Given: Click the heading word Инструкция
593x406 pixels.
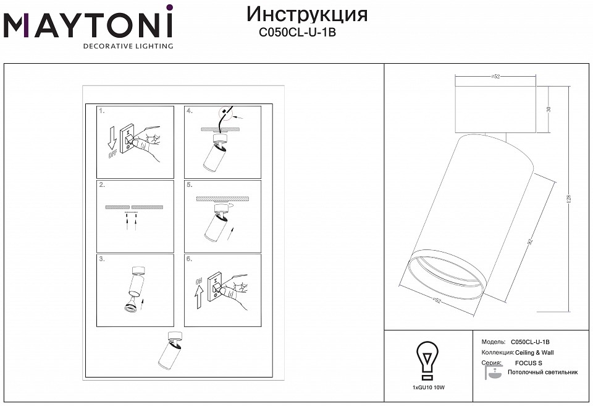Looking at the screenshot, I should (306, 14).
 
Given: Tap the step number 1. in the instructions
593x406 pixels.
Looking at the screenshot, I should (102, 111).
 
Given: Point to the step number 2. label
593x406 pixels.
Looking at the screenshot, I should (102, 185).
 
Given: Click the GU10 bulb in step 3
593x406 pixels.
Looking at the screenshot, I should (129, 307).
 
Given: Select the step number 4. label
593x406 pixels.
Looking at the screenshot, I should (190, 111).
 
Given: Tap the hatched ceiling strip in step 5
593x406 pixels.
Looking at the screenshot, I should (222, 199).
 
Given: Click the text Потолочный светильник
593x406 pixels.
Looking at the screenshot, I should (542, 373).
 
